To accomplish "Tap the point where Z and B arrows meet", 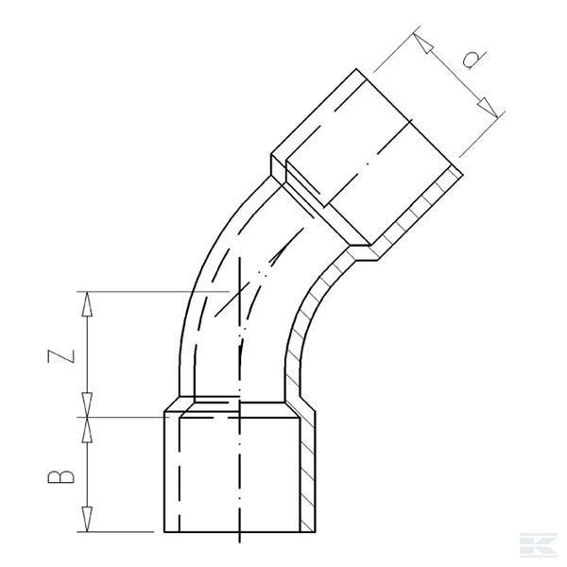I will tap(89, 416).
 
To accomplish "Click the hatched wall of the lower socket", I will tap(307, 472).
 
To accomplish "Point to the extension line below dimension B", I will tap(123, 532).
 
